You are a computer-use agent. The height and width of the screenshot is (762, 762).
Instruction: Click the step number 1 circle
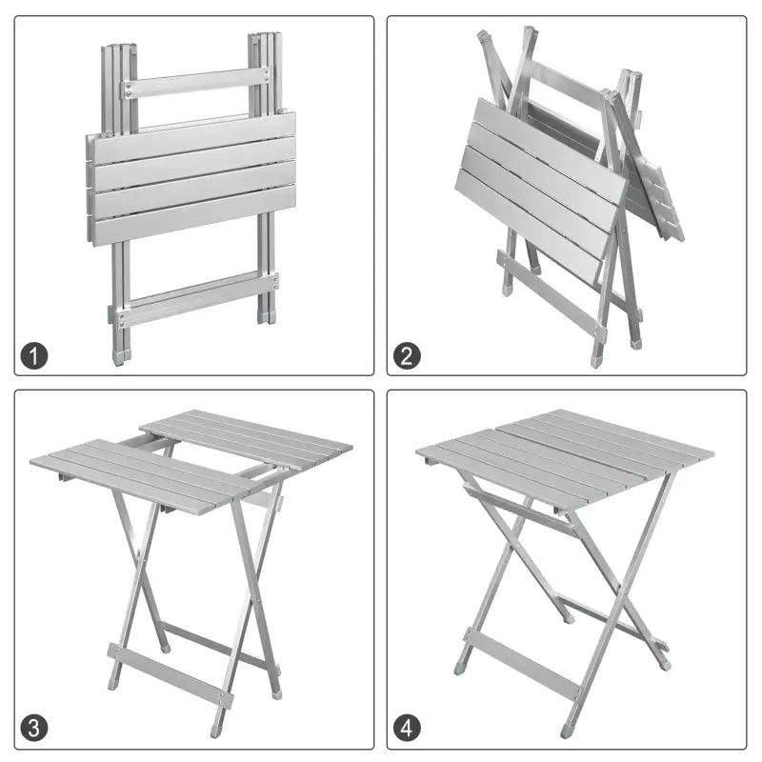tap(34, 357)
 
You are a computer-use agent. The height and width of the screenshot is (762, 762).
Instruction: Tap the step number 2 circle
tap(408, 357)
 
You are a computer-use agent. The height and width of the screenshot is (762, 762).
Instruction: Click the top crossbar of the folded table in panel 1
tap(195, 82)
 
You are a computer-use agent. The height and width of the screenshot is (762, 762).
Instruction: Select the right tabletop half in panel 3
tap(248, 434)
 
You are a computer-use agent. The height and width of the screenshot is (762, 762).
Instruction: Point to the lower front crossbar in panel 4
tap(523, 664)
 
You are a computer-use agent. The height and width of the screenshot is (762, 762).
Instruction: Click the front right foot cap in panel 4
tap(568, 731)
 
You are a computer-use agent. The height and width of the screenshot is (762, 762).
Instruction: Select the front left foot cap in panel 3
tap(113, 684)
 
